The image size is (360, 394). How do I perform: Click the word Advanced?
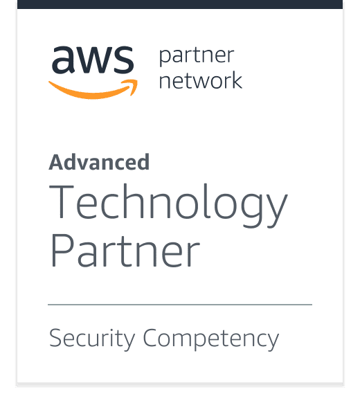[99, 162]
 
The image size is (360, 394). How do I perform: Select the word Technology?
[168, 206]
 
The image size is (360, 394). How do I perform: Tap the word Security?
[92, 339]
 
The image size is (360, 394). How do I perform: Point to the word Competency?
[211, 339]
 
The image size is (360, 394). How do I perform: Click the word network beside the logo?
[201, 80]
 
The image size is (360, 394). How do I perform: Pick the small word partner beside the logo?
[197, 57]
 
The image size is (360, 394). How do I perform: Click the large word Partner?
[125, 251]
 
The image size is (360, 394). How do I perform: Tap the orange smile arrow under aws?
[93, 90]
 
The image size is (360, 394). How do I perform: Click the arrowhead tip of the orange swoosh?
[137, 80]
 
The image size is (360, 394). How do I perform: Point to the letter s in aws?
[123, 60]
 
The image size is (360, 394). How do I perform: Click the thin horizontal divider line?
[180, 305]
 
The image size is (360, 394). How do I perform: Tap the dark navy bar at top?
[180, 4]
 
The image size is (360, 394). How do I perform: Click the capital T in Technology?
[62, 202]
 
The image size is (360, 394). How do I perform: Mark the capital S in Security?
[56, 337]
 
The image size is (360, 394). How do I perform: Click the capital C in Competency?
[151, 337]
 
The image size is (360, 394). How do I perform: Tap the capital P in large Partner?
[62, 251]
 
